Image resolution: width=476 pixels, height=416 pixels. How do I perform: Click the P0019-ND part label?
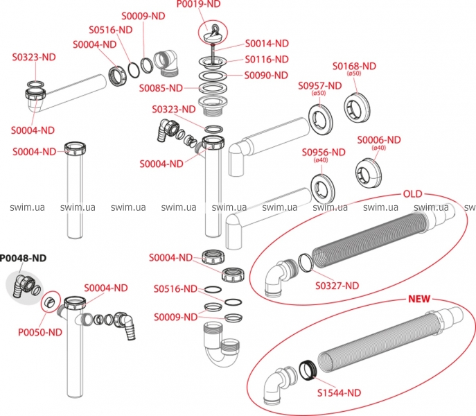pyautogui.click(x=200, y=5)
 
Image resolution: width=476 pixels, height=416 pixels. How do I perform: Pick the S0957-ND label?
pyautogui.click(x=320, y=85)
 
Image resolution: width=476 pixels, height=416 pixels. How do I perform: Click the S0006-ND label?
pyautogui.click(x=379, y=139)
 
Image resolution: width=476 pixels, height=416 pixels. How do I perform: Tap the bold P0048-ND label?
pyautogui.click(x=24, y=258)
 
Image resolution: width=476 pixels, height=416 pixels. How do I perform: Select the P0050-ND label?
pyautogui.click(x=40, y=331)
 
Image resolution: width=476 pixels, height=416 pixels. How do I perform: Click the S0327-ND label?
pyautogui.click(x=337, y=285)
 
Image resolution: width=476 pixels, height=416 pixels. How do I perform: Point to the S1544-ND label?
pyautogui.click(x=340, y=392)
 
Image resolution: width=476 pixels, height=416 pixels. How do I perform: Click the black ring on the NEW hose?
pyautogui.click(x=308, y=369)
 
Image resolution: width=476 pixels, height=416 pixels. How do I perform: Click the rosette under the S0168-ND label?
pyautogui.click(x=359, y=104)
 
